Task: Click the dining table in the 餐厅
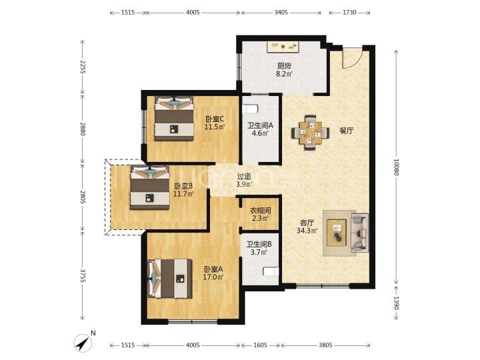click(x=311, y=133)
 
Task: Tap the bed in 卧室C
click(x=174, y=119)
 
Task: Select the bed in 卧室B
click(x=150, y=187)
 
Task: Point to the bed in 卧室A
click(x=170, y=279)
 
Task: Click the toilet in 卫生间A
click(x=250, y=109)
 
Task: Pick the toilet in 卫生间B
click(x=271, y=271)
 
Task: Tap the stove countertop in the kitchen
click(x=283, y=47)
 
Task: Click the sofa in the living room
click(x=359, y=233)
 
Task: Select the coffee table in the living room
click(x=337, y=233)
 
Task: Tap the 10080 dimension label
click(x=396, y=167)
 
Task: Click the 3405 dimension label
click(x=281, y=12)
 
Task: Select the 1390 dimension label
click(x=396, y=303)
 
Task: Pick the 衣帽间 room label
click(x=261, y=210)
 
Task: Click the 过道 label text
click(x=244, y=177)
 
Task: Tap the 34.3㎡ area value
click(x=307, y=231)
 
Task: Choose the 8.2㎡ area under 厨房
click(x=285, y=73)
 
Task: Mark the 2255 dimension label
click(x=83, y=67)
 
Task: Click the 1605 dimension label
click(x=260, y=345)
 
